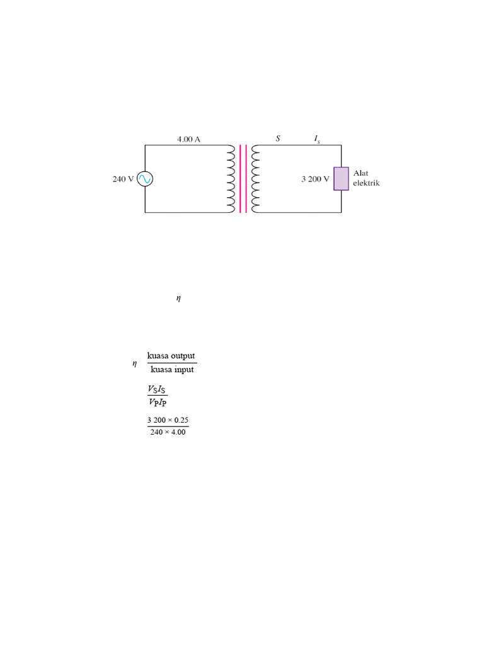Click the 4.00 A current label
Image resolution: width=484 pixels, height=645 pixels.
pos(189,139)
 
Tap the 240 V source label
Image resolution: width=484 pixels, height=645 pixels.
pos(123,179)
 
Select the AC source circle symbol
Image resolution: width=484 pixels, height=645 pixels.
pos(145,179)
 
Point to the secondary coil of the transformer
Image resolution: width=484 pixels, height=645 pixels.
pos(255,179)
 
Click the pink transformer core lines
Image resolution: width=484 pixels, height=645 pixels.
pos(243,179)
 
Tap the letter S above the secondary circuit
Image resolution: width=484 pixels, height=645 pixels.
pos(278,138)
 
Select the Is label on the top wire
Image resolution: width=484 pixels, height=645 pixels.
pos(317,139)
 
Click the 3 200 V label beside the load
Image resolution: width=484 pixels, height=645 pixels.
pos(315,179)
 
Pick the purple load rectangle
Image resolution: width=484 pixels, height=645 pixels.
pos(341,179)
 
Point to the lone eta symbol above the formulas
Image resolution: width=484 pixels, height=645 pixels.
pos(178,299)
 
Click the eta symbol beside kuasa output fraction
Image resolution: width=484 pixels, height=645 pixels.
pos(134,363)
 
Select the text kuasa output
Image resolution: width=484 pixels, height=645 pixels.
pos(171,356)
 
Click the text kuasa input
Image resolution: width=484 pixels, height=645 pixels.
pos(172,370)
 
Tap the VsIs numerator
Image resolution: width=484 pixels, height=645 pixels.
pos(158,389)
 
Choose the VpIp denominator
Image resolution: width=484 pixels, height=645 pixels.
pos(158,402)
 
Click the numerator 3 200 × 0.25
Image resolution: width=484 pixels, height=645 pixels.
pos(168,420)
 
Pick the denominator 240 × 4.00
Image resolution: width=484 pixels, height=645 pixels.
pos(168,433)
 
